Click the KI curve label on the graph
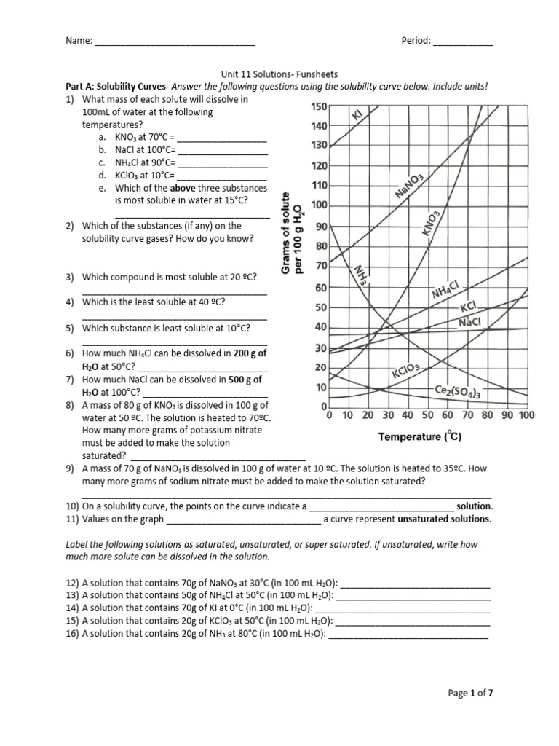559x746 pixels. [x=357, y=116]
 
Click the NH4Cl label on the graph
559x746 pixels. [x=445, y=291]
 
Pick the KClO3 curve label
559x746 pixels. [x=406, y=372]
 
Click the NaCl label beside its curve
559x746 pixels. [x=471, y=322]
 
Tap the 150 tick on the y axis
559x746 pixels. [x=319, y=107]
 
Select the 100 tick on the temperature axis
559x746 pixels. [x=526, y=415]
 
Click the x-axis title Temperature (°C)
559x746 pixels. [x=420, y=437]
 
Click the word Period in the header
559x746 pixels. [x=416, y=42]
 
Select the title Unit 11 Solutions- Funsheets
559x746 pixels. [x=279, y=74]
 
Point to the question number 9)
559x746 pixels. [x=72, y=469]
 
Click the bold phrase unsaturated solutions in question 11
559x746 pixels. [x=444, y=519]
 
